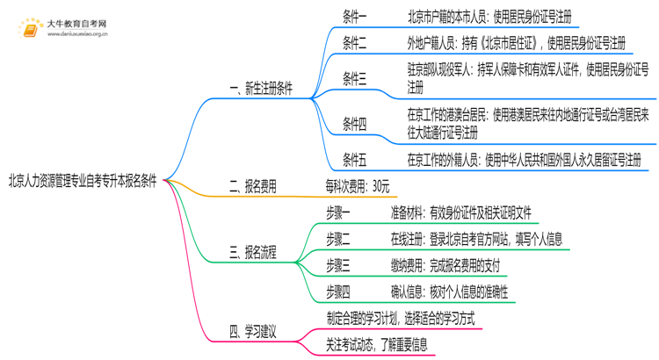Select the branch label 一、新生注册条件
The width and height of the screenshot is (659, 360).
tap(260, 89)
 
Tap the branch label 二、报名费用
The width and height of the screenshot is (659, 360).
tap(252, 185)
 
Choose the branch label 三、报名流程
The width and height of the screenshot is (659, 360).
tap(252, 253)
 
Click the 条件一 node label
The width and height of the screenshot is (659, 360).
tap(355, 17)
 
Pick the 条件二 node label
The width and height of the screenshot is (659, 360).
tap(355, 42)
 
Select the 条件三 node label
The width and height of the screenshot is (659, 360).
tap(355, 80)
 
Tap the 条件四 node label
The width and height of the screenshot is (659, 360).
tap(355, 124)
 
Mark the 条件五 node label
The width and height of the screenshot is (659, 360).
tap(355, 160)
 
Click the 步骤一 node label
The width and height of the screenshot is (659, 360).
tap(337, 212)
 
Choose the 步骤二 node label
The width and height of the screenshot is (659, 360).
tap(337, 239)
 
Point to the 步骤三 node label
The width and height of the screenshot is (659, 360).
tap(337, 265)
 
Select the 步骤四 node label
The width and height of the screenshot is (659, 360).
tap(337, 292)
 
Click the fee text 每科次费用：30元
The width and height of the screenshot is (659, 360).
tap(357, 185)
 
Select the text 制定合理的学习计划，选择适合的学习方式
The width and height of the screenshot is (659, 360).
tap(400, 319)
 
